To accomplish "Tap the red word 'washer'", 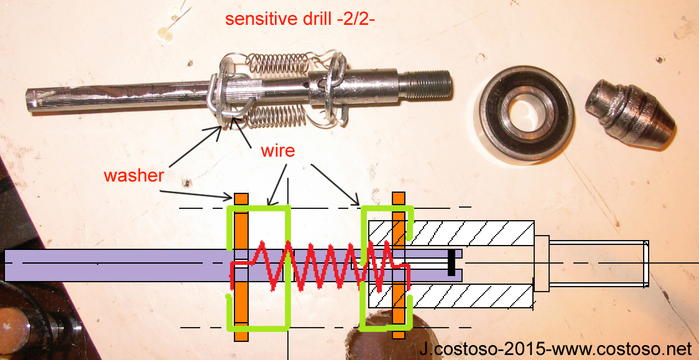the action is coord(134,175).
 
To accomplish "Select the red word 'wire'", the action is coord(278,150).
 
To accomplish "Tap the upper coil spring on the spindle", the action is coord(277,62).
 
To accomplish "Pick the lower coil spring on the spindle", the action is coord(276,116).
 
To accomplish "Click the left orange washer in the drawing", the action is coord(241,267).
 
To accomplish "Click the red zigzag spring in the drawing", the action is coord(320,266).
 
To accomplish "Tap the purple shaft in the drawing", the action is coord(233,265).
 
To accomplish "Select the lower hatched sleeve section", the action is coord(451,297).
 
